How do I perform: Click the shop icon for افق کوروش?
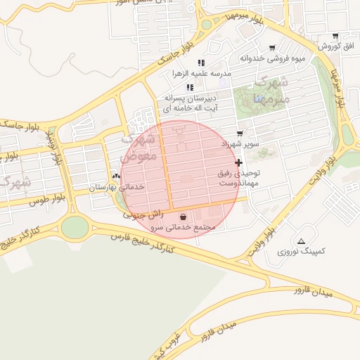point(335,36)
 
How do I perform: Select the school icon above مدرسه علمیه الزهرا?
point(201,63)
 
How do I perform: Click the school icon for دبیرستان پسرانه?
point(189,87)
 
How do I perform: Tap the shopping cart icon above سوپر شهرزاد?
point(240,133)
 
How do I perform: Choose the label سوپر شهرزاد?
point(240,143)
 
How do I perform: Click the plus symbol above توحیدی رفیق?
point(238,162)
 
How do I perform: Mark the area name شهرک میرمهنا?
point(268,91)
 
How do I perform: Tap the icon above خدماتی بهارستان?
point(117,176)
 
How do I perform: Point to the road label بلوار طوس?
point(46,201)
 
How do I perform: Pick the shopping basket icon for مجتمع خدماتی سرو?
point(184,217)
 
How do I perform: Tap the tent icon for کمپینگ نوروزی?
point(302,240)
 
